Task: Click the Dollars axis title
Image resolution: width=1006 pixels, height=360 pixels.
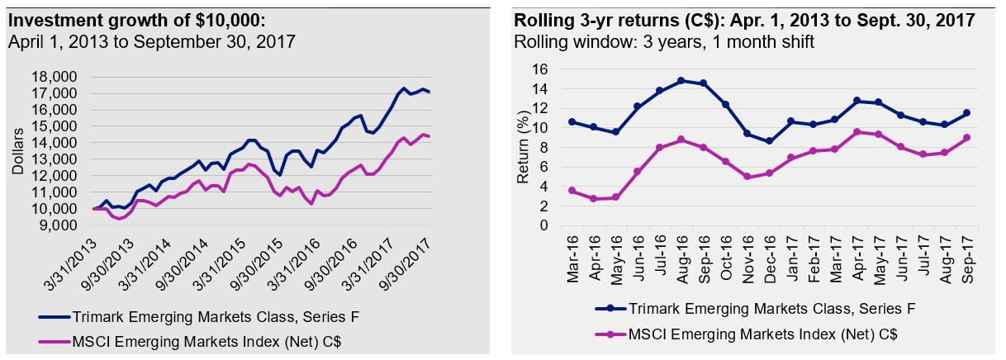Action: pos(18,150)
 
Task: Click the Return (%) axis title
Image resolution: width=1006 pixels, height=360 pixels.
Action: pos(522,147)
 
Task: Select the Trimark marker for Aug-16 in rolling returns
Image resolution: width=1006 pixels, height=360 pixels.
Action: pos(681,81)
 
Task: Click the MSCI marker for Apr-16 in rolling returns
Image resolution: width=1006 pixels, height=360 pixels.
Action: pos(593,198)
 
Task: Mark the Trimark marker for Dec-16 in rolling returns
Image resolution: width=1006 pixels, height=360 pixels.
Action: pos(770,141)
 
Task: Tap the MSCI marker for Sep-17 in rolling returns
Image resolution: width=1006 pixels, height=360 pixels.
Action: pos(966,138)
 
